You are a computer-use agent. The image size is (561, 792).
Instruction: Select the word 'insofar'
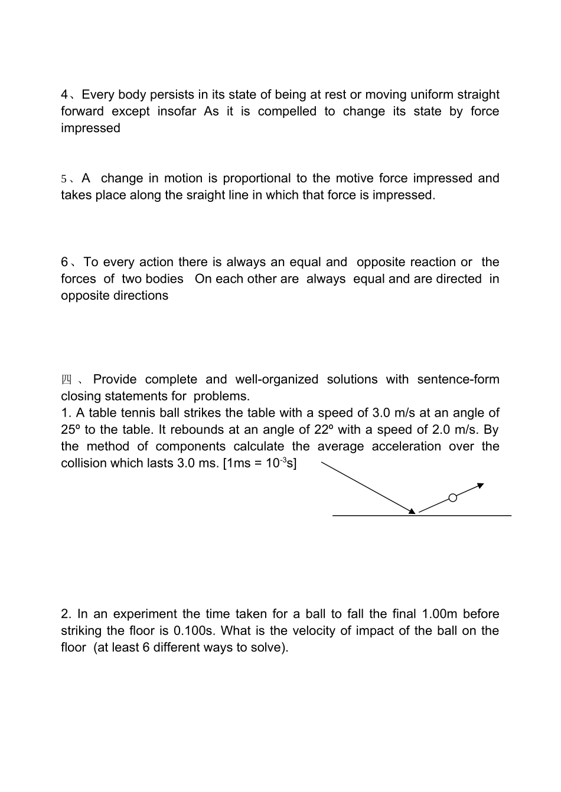[177, 112]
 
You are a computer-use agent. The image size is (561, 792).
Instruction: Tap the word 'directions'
[141, 296]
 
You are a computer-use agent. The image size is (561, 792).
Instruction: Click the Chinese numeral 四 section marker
[66, 379]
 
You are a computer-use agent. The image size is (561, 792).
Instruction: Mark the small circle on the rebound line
[453, 498]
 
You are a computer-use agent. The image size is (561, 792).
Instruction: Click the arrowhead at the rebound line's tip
[481, 486]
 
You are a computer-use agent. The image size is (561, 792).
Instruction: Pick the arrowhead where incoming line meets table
[412, 511]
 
